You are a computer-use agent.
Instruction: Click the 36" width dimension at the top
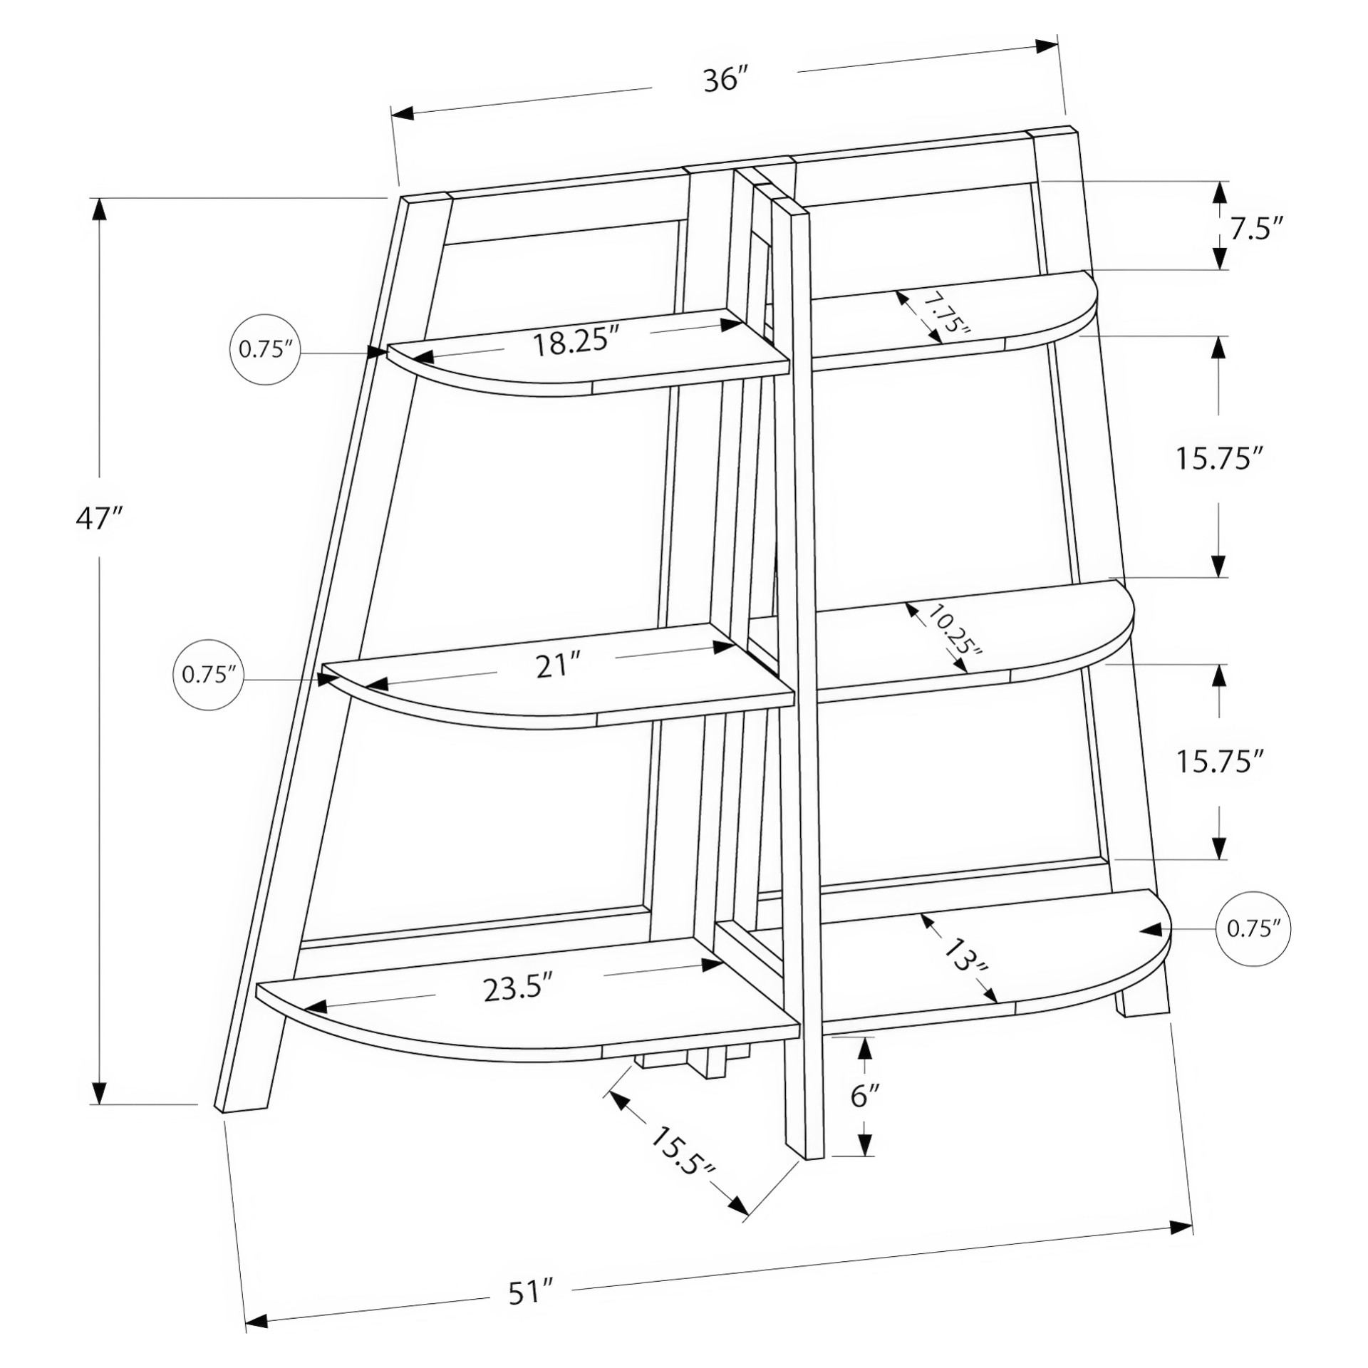click(725, 79)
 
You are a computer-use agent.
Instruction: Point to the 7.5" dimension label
click(1256, 229)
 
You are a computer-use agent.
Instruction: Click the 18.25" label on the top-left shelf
click(576, 343)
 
